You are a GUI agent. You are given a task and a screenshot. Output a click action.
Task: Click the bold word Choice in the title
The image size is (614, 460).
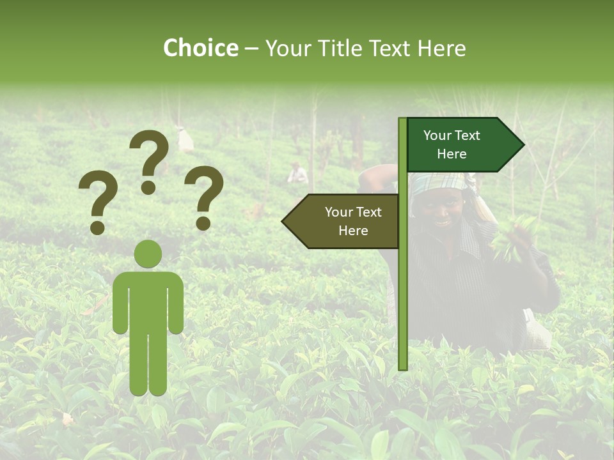pyautogui.click(x=200, y=48)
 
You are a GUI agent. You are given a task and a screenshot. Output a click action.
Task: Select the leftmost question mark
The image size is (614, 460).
pyautogui.click(x=97, y=203)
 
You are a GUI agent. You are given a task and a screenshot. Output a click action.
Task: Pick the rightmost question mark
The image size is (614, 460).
pyautogui.click(x=204, y=197)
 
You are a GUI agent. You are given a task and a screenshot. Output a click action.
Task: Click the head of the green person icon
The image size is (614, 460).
pyautogui.click(x=148, y=254)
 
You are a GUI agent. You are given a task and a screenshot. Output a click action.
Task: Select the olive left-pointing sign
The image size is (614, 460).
pyautogui.click(x=342, y=221)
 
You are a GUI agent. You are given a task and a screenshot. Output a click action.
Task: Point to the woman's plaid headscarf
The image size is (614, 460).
pyautogui.click(x=441, y=183)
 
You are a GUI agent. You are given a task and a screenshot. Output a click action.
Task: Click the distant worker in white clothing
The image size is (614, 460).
pyautogui.click(x=297, y=174)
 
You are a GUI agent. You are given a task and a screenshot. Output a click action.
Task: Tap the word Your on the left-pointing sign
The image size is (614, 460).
pyautogui.click(x=339, y=212)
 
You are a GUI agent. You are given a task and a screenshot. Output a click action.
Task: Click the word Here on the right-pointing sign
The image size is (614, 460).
pyautogui.click(x=452, y=154)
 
